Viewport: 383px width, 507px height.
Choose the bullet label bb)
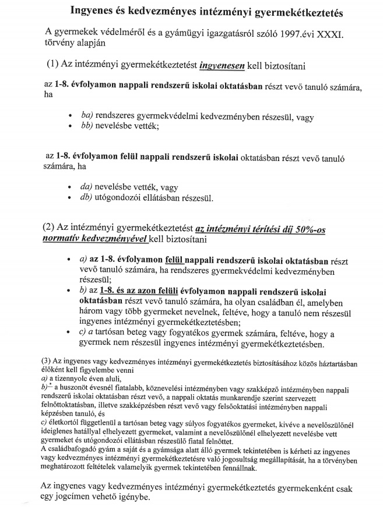point(89,125)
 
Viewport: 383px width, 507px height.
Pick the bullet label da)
point(89,187)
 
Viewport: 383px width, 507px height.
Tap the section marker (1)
point(54,64)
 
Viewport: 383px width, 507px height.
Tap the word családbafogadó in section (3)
point(71,449)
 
